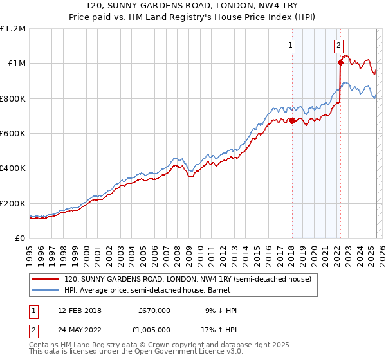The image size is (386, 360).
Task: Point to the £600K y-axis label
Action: [x=13, y=134]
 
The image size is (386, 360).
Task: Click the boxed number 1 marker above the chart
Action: [x=291, y=45]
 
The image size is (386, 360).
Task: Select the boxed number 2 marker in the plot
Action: [x=338, y=45]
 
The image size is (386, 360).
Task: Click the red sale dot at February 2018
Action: [x=291, y=120]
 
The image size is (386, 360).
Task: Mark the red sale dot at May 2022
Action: [x=340, y=62]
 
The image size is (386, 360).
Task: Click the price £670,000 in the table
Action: [x=154, y=310]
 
